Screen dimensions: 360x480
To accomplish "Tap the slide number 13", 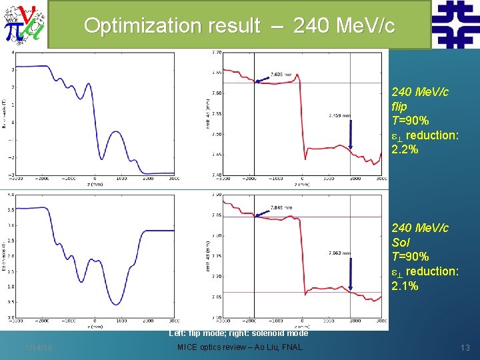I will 465,347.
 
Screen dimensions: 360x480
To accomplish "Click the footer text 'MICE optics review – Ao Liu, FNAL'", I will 239,347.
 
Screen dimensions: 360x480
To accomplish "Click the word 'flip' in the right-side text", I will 399,106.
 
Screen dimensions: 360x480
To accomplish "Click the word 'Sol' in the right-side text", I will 401,242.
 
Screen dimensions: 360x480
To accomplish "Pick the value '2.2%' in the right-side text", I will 405,149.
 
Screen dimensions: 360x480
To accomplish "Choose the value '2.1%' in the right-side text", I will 405,285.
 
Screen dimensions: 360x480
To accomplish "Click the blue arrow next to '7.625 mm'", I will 262,79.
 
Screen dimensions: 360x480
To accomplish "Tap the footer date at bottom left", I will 39,347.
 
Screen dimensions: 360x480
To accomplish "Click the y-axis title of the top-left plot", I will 6,113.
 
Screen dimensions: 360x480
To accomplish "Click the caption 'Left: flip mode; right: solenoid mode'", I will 239,332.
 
